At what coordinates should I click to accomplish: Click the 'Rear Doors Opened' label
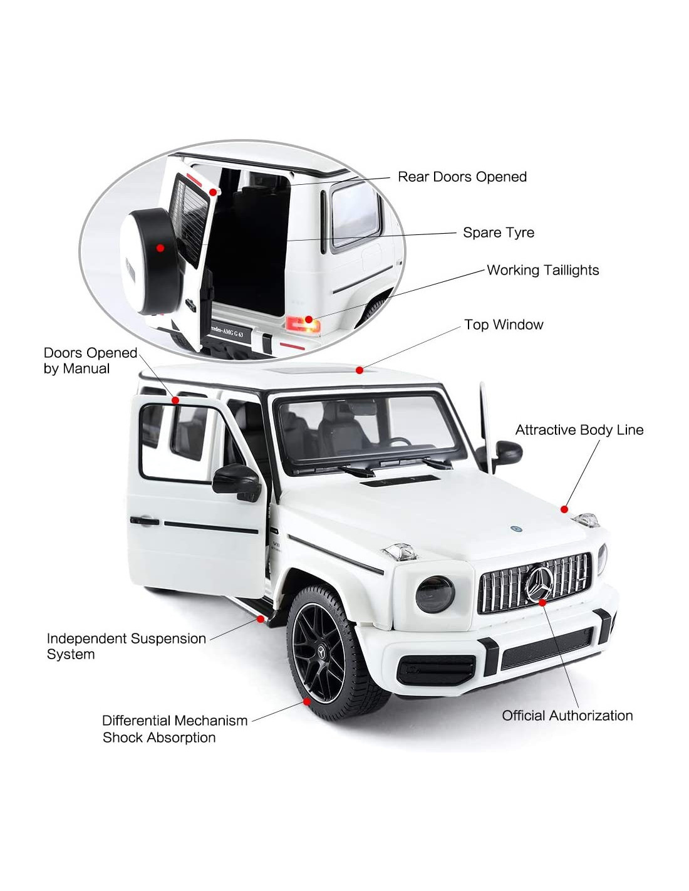click(x=462, y=177)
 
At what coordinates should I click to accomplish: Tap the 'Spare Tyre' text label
click(x=499, y=232)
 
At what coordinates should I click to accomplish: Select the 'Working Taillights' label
click(x=542, y=270)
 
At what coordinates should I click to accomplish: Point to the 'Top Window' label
click(x=504, y=325)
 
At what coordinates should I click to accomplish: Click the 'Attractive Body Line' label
click(x=579, y=430)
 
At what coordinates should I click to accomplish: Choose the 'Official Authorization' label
click(x=567, y=716)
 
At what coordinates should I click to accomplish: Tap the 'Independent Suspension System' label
click(x=127, y=646)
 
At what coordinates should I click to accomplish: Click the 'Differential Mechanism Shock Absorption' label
click(x=175, y=729)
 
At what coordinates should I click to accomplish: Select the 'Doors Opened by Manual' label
click(x=90, y=360)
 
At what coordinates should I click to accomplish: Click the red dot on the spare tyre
click(x=160, y=247)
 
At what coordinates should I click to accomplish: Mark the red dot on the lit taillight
click(x=308, y=320)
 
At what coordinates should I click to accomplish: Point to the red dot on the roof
click(x=359, y=370)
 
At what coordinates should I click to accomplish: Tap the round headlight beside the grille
click(x=435, y=594)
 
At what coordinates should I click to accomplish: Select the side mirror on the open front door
click(x=237, y=482)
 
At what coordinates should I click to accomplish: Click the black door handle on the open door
click(x=144, y=521)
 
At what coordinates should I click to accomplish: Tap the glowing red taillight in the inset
click(x=303, y=324)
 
